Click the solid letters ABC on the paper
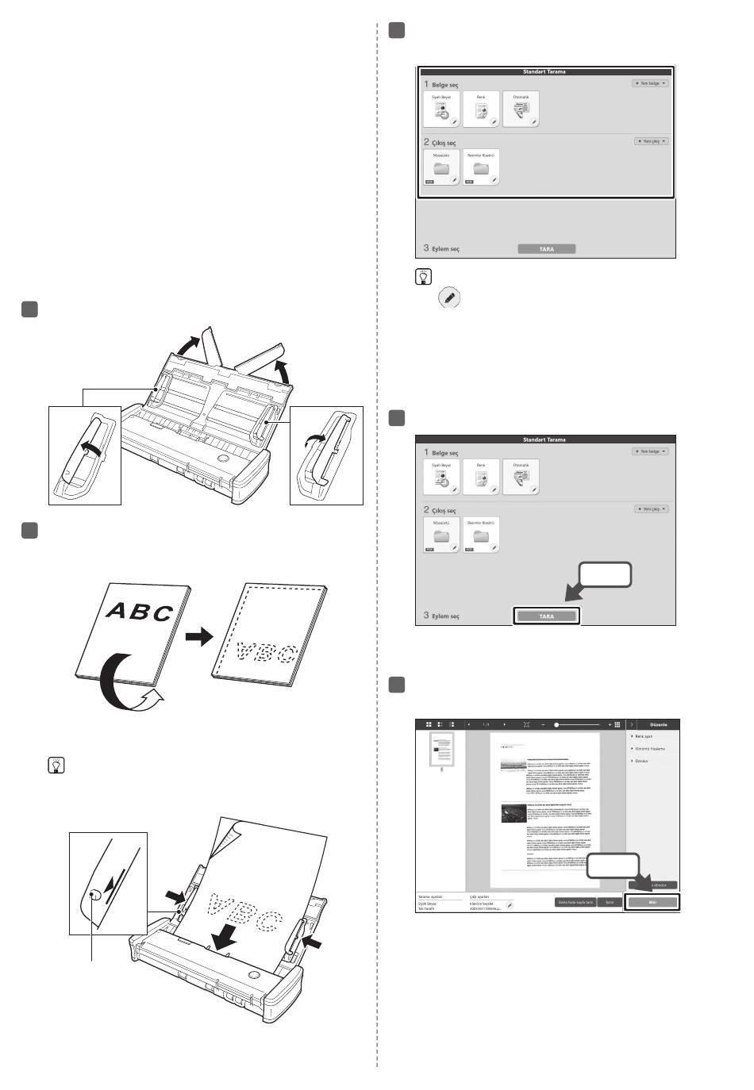pyautogui.click(x=139, y=611)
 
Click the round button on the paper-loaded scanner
pyautogui.click(x=253, y=974)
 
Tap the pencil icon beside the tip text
pyautogui.click(x=450, y=298)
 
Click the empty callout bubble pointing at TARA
pyautogui.click(x=606, y=575)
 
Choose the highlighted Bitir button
pyautogui.click(x=652, y=903)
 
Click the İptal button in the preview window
pyautogui.click(x=609, y=903)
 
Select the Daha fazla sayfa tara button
pyautogui.click(x=575, y=903)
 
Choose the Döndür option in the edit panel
pyautogui.click(x=641, y=761)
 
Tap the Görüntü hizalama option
pyautogui.click(x=649, y=749)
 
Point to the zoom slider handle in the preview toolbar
pyautogui.click(x=556, y=724)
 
